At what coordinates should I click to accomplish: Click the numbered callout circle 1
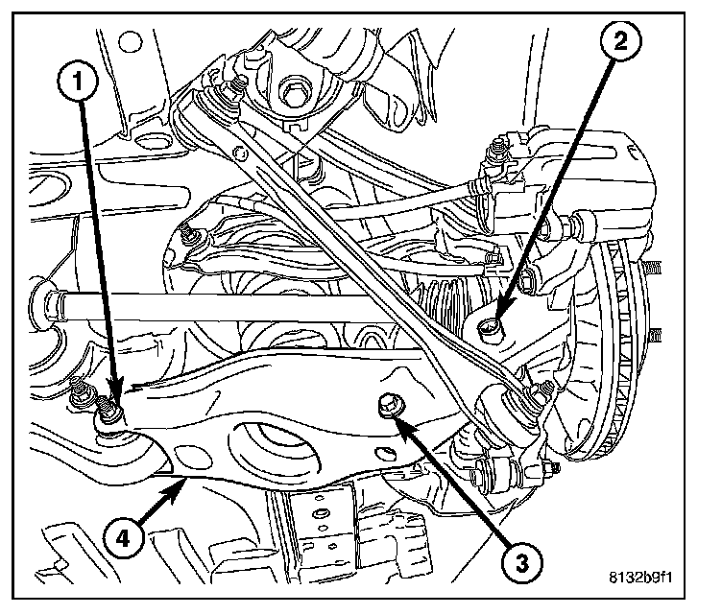(78, 82)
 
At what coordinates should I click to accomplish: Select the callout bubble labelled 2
(620, 42)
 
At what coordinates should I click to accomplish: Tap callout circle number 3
(521, 563)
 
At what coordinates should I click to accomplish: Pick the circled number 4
(123, 537)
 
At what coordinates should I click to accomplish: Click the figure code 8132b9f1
(640, 577)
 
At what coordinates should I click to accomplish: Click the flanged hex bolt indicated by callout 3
(390, 406)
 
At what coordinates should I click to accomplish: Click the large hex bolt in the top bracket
(292, 93)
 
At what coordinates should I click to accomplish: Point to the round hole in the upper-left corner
(130, 42)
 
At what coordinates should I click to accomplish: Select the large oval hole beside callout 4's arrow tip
(192, 457)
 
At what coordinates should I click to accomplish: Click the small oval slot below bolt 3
(385, 453)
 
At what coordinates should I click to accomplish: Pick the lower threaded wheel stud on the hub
(654, 335)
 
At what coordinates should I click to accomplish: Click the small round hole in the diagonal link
(239, 153)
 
